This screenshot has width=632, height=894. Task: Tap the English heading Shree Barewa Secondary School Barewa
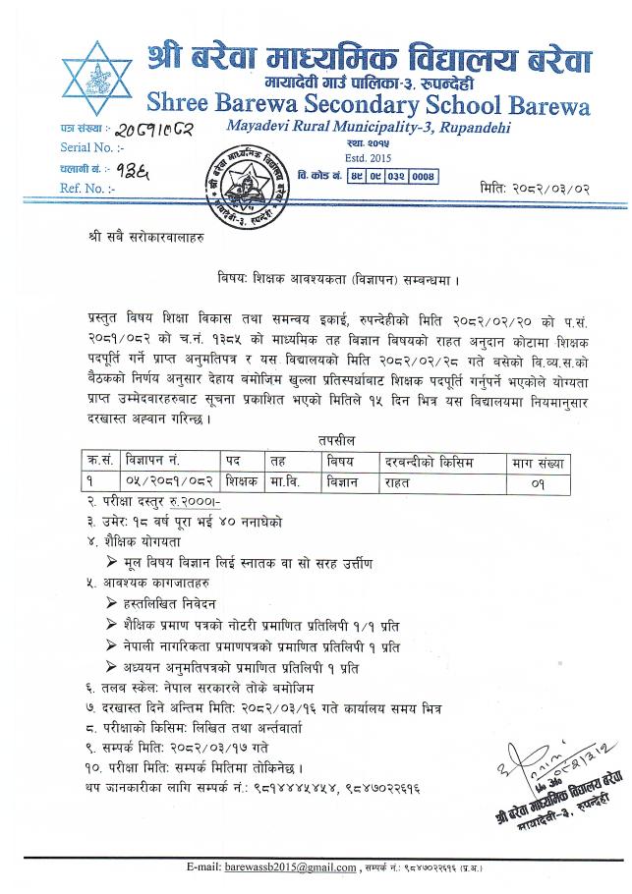point(369,103)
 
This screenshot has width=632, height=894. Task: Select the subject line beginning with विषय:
point(339,278)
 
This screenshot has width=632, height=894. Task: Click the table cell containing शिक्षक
point(241,481)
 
